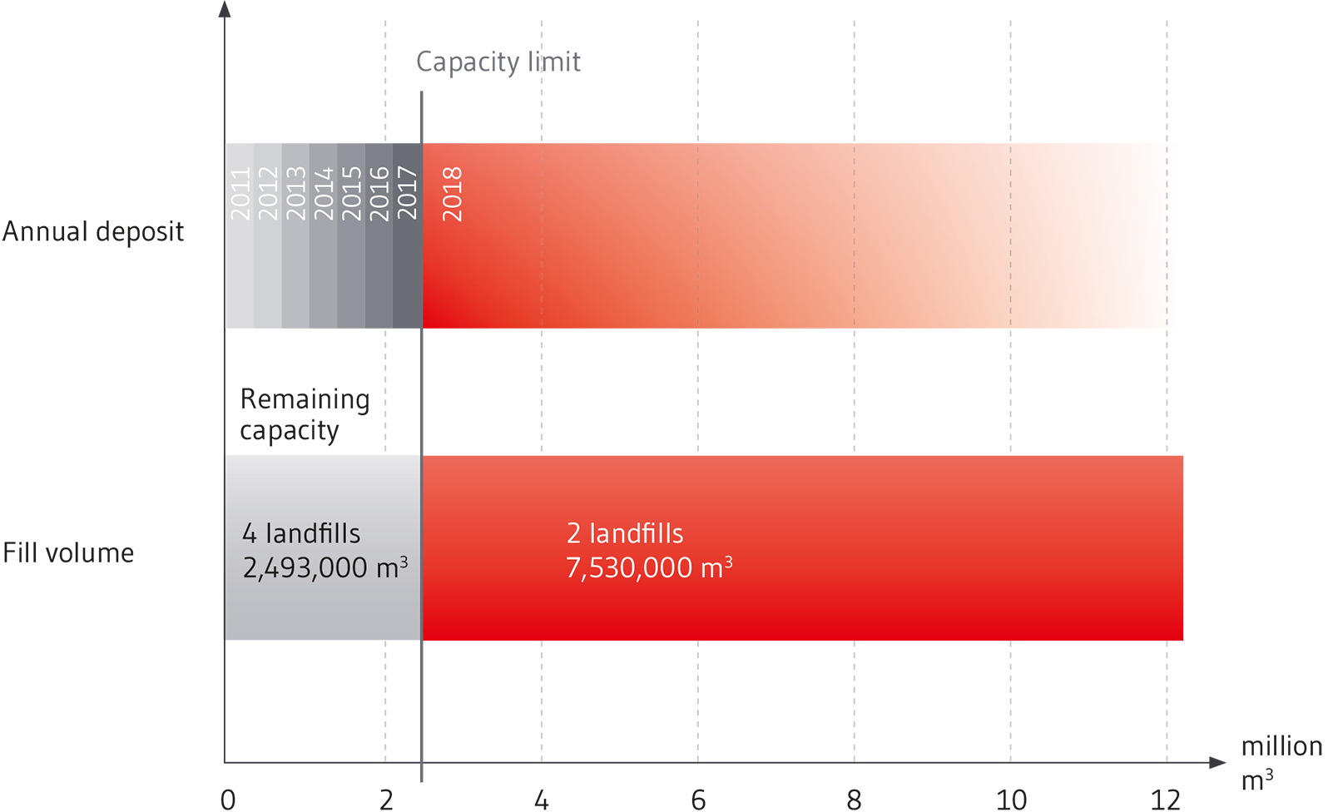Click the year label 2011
point(240,194)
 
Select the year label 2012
point(268,194)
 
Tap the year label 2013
point(296,194)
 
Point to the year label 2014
point(324,194)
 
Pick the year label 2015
point(352,194)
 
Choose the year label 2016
point(379,194)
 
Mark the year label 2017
point(407,194)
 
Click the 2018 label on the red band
point(452,194)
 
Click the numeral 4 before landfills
point(250,534)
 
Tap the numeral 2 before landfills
point(574,534)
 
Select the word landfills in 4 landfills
point(313,533)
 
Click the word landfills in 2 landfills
point(637,533)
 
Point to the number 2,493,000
point(305,568)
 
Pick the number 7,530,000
point(629,568)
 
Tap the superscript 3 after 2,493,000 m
point(404,562)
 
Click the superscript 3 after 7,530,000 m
point(728,562)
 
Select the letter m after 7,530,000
point(711,569)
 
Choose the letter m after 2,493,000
point(387,569)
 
